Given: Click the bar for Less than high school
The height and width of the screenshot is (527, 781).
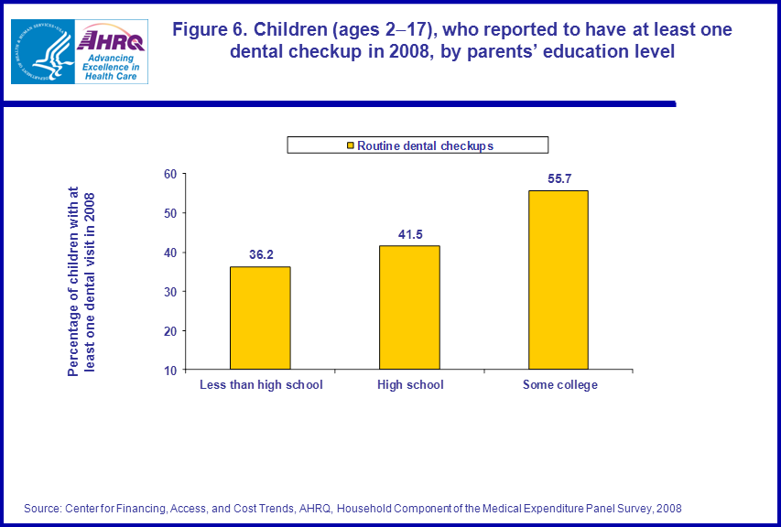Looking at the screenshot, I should coord(260,317).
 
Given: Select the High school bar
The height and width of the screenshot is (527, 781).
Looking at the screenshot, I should coord(410,307).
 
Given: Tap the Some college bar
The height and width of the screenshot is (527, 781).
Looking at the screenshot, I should coord(559,279).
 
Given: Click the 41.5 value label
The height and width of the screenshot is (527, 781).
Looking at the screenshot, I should coord(410,234).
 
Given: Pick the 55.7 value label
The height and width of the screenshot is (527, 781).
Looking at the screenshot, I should coord(559,178).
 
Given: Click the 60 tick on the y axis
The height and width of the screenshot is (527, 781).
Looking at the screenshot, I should coord(170,174).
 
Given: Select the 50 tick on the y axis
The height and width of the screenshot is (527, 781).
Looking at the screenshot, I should coord(170,213).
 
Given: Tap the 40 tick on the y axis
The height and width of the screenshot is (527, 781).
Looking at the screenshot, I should coord(170,253).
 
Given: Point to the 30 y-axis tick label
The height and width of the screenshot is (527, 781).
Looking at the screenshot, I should coord(170,292).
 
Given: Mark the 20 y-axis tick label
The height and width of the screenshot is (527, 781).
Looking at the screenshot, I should coord(170,331).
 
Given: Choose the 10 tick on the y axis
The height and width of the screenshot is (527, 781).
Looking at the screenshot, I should coord(170,371).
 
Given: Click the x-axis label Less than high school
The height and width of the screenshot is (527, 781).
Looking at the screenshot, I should coord(261,385).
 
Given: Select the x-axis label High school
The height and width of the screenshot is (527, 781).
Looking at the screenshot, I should coord(410,385).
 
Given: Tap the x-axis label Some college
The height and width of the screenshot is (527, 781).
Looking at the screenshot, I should coord(559,385).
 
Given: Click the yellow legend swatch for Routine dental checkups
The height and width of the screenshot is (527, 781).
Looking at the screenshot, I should coord(350,145).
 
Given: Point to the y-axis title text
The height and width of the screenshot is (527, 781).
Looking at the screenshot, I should coord(81,282).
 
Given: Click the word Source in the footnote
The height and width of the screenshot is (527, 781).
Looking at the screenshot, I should coord(43,508).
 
